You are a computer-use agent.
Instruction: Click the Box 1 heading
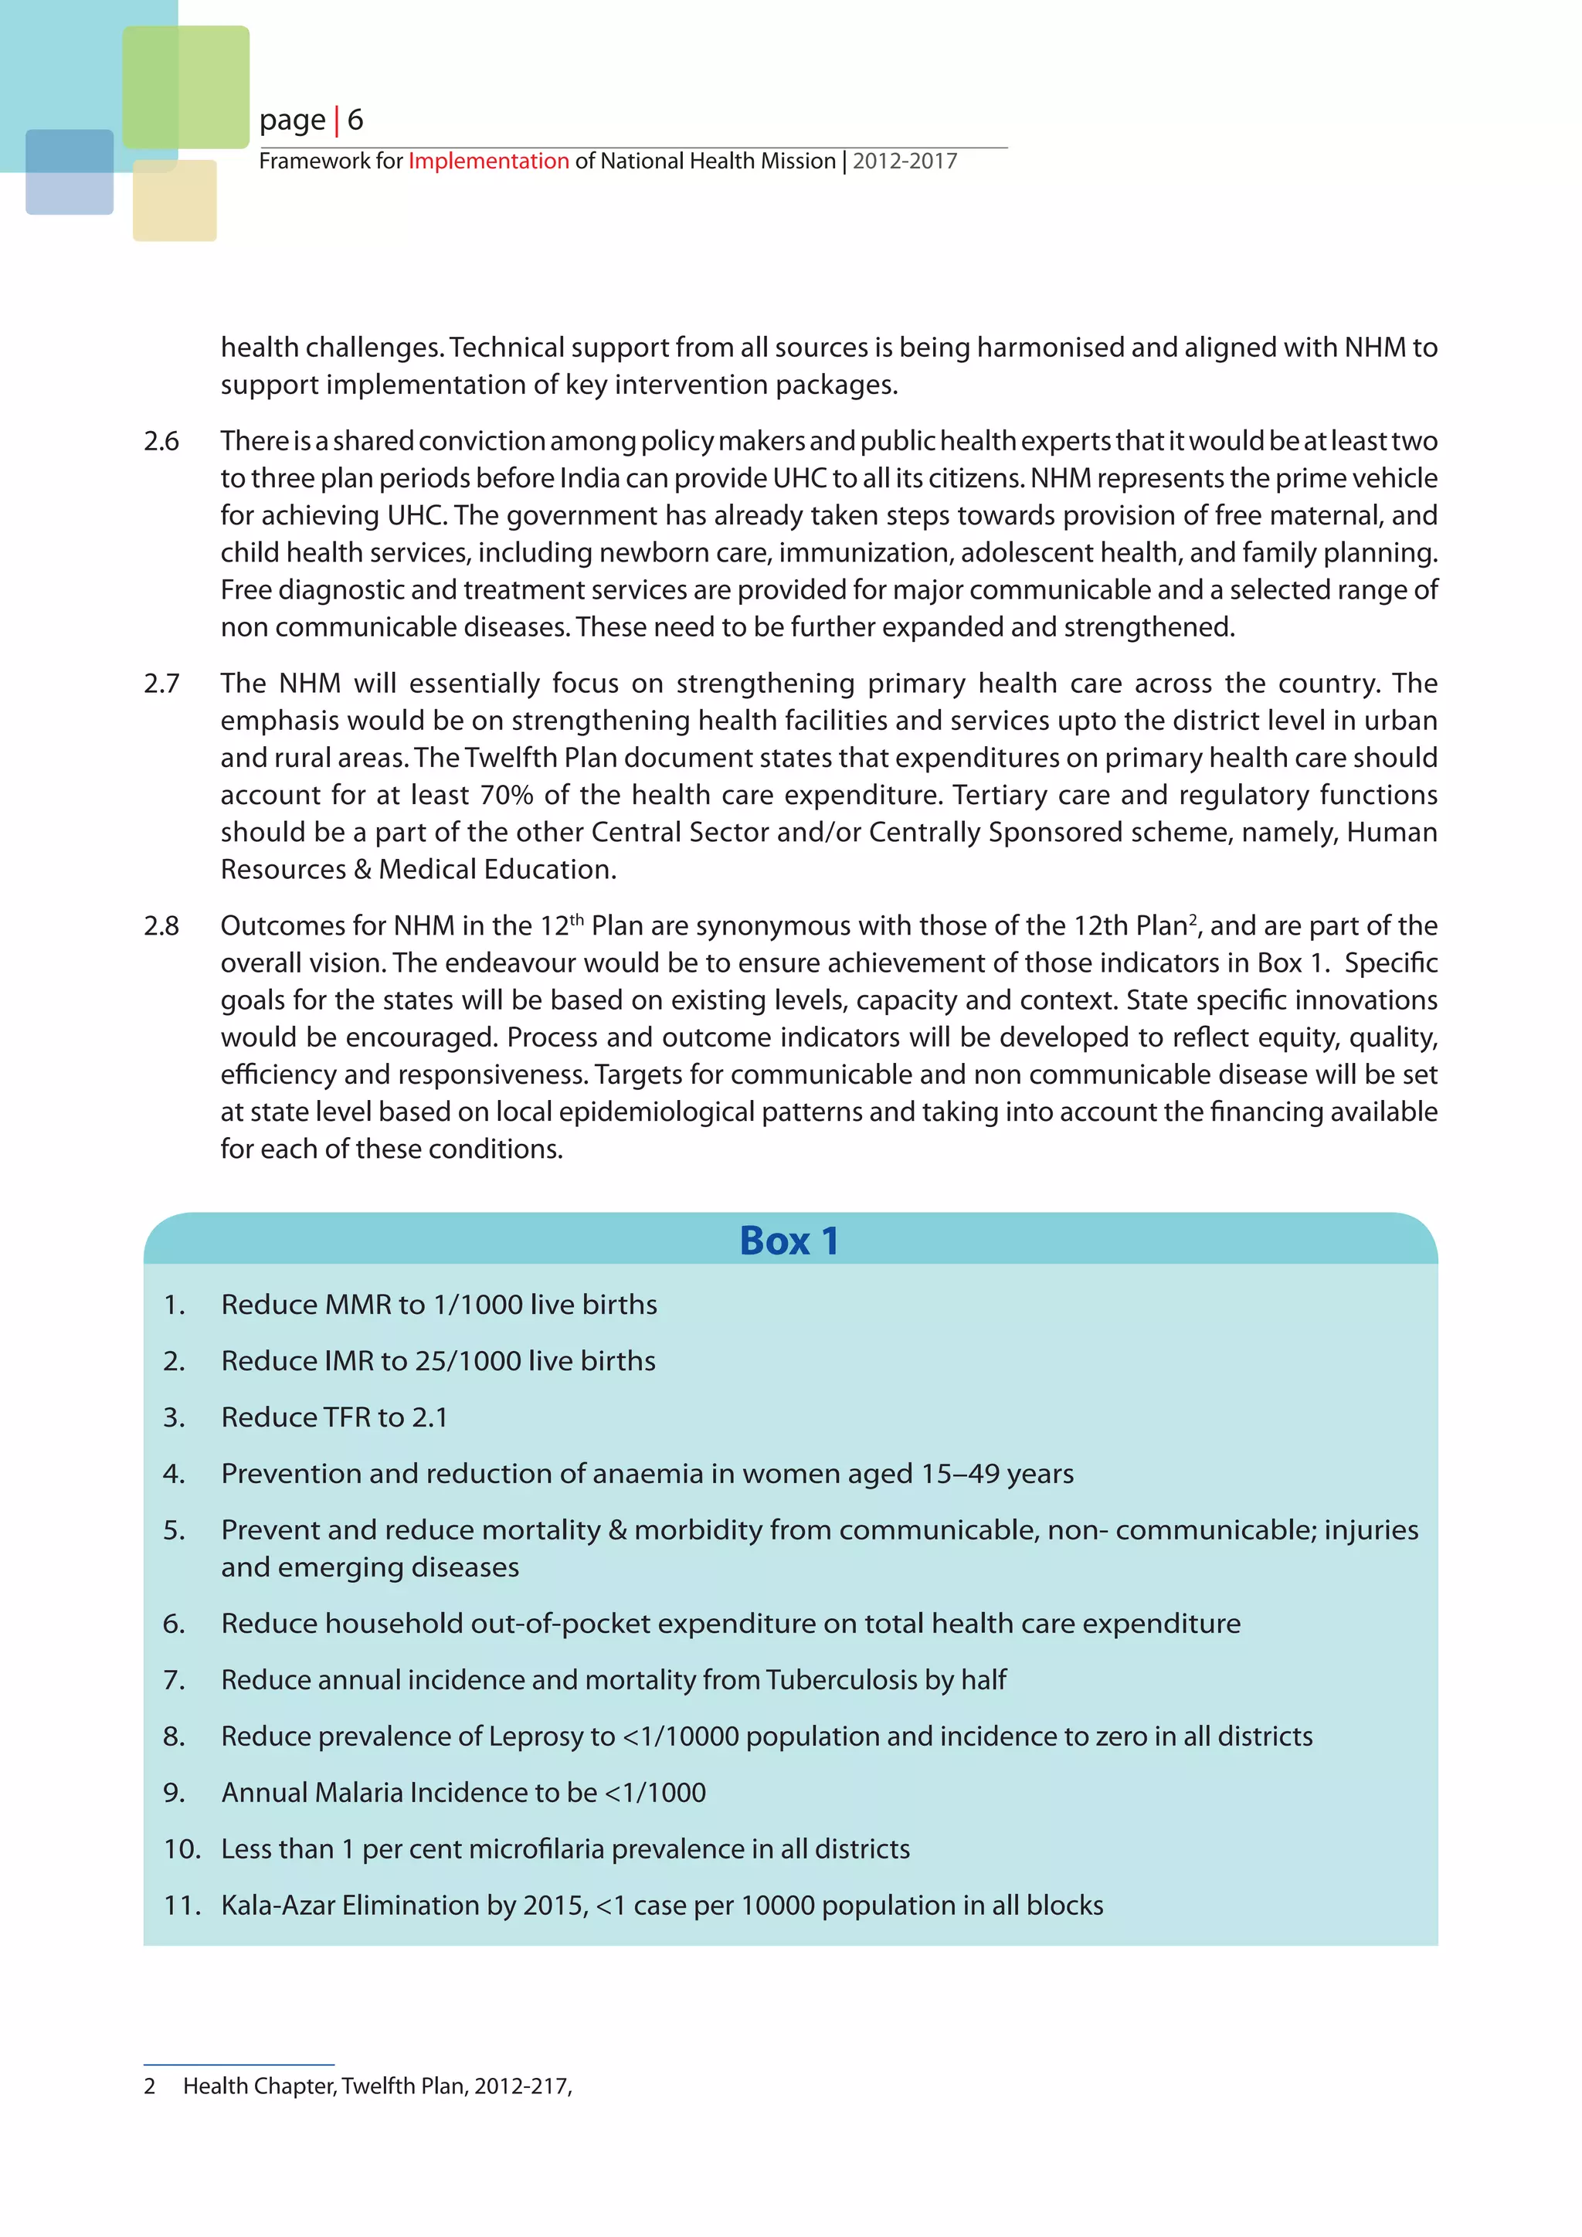(789, 1241)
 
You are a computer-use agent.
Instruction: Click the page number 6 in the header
(355, 120)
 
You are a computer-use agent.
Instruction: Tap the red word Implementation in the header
(488, 161)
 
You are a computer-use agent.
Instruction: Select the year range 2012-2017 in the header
(905, 161)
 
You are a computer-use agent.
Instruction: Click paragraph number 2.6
(161, 441)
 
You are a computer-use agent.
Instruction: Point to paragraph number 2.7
(161, 684)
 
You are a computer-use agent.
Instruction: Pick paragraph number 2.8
(161, 925)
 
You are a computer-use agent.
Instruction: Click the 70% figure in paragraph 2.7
(507, 795)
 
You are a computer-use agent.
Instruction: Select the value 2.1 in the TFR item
(429, 1417)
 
